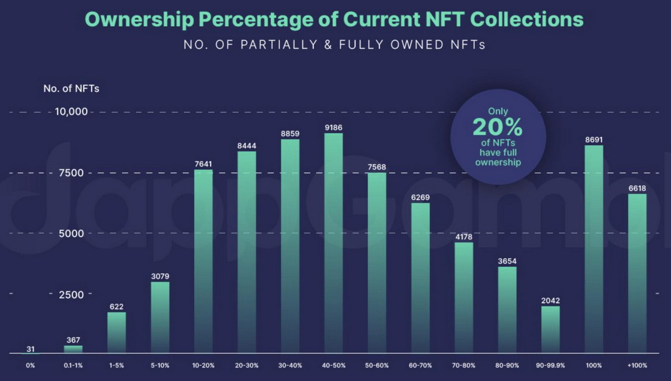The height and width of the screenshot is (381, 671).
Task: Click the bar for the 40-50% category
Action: coord(334,243)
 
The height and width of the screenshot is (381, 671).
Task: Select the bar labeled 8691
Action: coord(594,249)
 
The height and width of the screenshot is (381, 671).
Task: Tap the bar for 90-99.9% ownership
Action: coord(551,330)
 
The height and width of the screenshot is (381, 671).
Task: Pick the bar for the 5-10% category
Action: coord(160,317)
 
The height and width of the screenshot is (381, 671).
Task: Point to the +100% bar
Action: coord(637,274)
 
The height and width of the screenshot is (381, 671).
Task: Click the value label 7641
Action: coord(204,164)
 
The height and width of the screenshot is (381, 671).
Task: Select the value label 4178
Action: coord(464,237)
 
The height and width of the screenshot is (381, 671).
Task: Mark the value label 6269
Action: coord(420,197)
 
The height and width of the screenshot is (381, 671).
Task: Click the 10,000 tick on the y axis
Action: coord(72,112)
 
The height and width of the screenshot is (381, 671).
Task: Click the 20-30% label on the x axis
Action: coord(247,365)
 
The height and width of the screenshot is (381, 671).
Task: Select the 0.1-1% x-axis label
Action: coord(73,365)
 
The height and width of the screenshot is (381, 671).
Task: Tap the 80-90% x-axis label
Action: coord(507,365)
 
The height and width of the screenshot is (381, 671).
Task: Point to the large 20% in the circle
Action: coord(498,128)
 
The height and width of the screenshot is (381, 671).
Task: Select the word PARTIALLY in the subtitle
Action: coord(272,45)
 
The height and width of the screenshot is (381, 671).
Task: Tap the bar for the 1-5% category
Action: coord(116,332)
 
